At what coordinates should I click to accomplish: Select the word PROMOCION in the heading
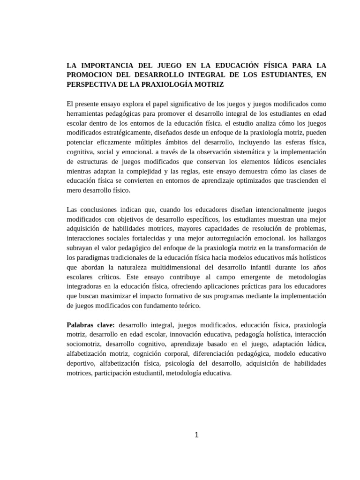[90, 75]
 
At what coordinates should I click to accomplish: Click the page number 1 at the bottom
[197, 435]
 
